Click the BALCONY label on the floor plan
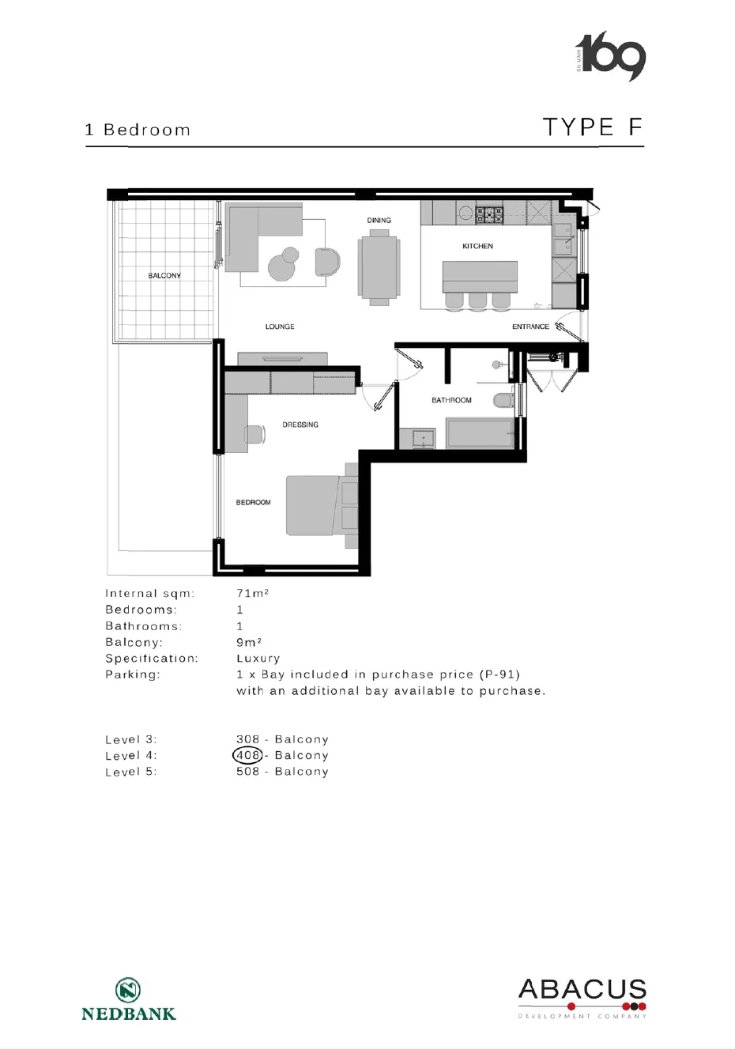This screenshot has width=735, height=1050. (x=164, y=276)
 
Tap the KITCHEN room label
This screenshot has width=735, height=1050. (x=477, y=246)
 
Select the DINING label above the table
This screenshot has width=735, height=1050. (x=379, y=221)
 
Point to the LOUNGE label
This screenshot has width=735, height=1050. (x=280, y=327)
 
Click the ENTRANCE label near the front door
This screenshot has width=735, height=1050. (x=530, y=327)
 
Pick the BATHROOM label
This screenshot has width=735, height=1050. (x=451, y=400)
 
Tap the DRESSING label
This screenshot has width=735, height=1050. (x=300, y=425)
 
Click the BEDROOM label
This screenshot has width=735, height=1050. (x=254, y=503)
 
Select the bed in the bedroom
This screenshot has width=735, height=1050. (x=322, y=505)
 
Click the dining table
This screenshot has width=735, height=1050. (x=379, y=267)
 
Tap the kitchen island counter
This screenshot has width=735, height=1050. (x=480, y=277)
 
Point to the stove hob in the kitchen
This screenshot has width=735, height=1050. (x=489, y=215)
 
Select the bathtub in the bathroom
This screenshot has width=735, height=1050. (x=479, y=433)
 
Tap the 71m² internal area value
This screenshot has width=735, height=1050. (x=252, y=594)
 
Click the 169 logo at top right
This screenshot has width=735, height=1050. (x=610, y=56)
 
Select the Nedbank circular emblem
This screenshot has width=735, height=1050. (x=128, y=990)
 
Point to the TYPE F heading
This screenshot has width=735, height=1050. (x=593, y=127)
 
